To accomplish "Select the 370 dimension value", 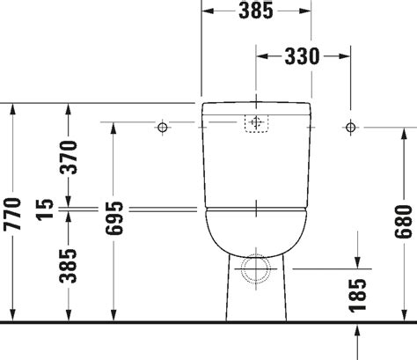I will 69,156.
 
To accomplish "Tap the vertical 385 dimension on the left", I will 69,268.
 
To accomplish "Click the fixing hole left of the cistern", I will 162,129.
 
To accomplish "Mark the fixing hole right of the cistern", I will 350,129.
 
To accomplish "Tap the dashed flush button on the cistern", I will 256,123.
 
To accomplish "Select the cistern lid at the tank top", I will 256,108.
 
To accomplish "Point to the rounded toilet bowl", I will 256,231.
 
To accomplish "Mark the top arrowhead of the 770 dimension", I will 12,109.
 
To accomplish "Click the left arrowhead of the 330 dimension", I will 261,55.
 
